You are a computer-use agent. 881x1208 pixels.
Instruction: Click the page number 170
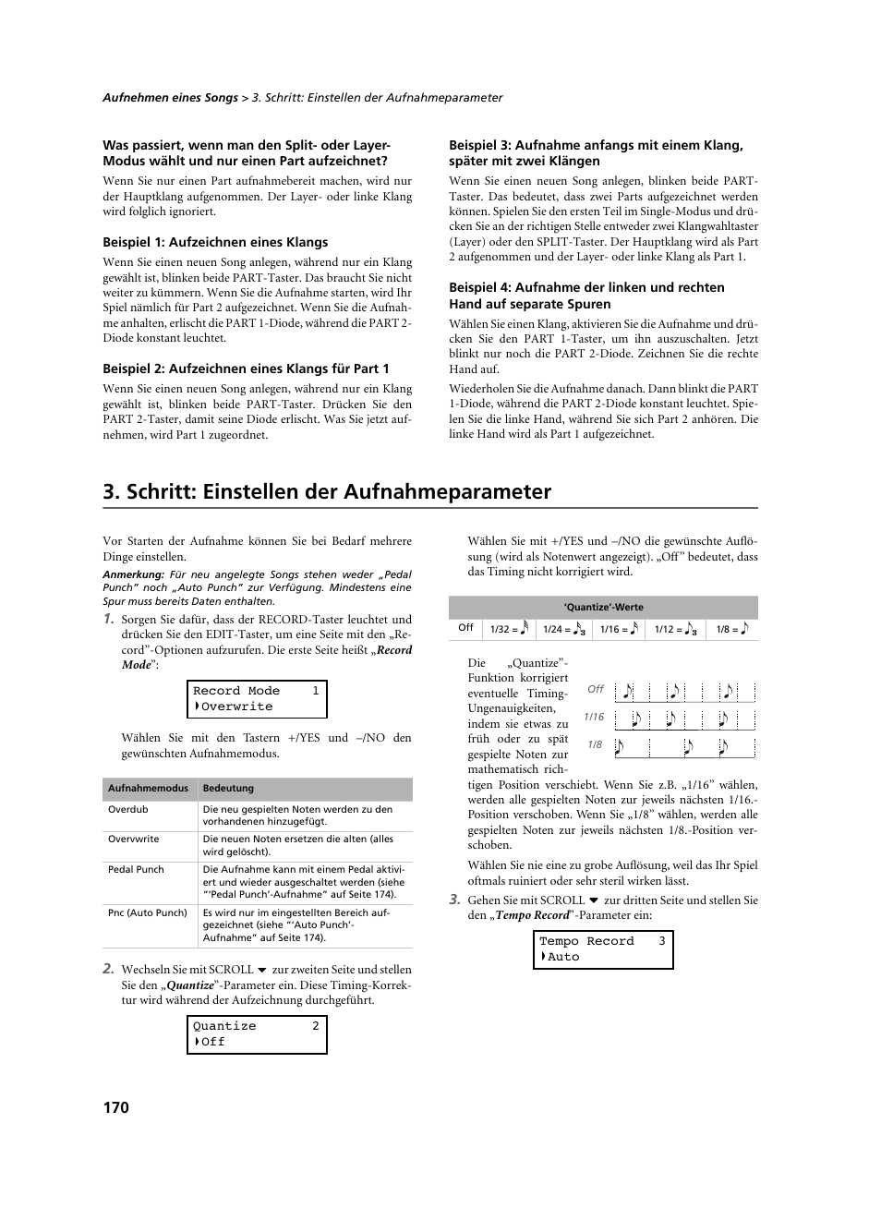[115, 1107]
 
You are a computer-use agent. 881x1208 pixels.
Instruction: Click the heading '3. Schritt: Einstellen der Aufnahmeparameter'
[327, 491]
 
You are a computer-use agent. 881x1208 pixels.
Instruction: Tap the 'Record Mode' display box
[257, 699]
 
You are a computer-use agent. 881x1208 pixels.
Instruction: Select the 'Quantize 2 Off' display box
[257, 1034]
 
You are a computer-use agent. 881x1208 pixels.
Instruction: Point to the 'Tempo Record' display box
[603, 949]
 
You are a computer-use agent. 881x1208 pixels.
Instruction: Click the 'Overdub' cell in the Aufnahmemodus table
[128, 810]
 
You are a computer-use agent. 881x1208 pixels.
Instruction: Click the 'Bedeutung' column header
[228, 789]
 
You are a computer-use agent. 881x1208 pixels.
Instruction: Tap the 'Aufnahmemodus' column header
[148, 789]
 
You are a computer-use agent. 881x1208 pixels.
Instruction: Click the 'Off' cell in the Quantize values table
[465, 628]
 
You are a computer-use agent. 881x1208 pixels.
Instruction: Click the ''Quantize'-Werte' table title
[603, 608]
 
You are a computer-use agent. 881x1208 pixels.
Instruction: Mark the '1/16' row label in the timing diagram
[594, 717]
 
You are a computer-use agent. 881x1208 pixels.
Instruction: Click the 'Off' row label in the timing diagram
[596, 689]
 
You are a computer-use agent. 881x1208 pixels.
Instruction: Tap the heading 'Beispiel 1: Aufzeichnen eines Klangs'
[215, 242]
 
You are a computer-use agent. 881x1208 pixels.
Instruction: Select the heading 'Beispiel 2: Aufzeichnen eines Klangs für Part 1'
[246, 368]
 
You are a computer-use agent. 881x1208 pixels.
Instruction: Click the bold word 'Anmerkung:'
[133, 574]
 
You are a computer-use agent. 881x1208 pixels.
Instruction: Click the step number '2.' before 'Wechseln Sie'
[109, 969]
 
